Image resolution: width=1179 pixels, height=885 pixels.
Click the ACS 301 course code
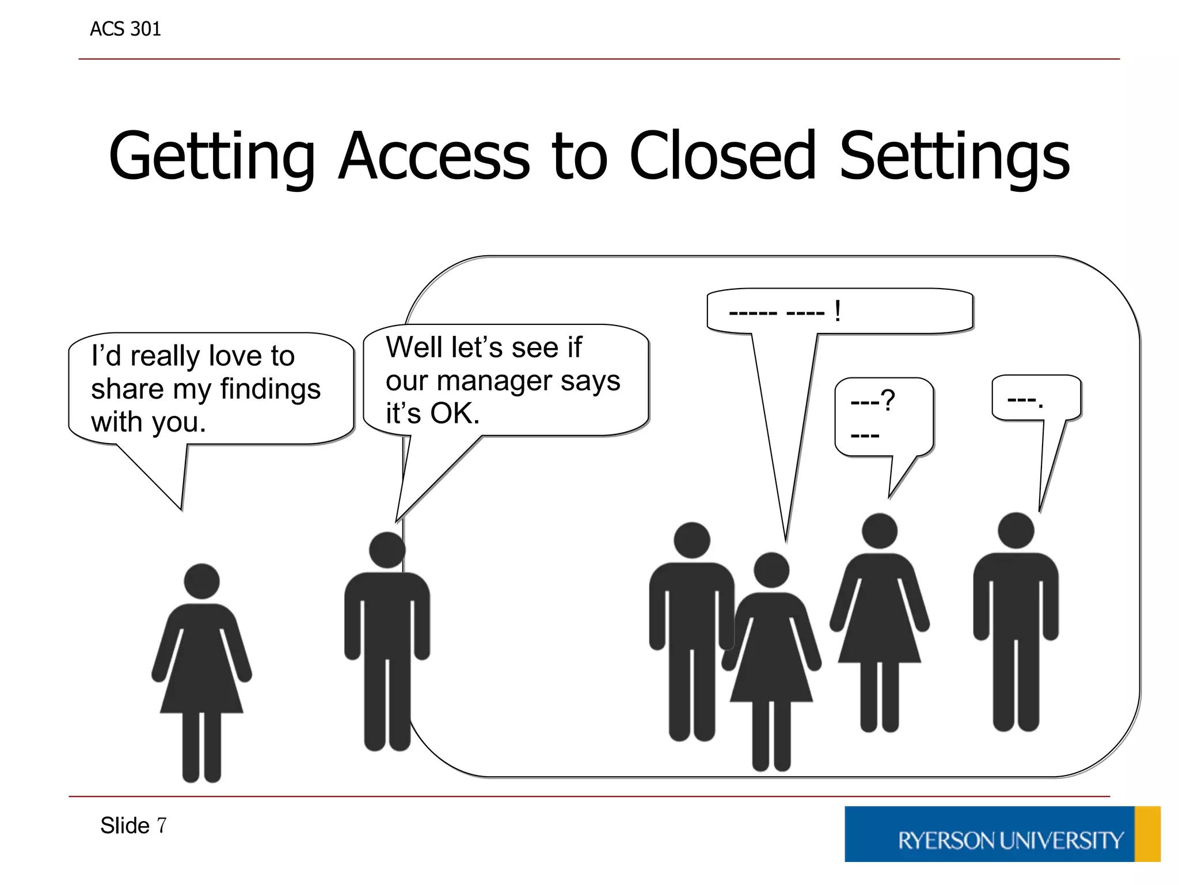pyautogui.click(x=125, y=29)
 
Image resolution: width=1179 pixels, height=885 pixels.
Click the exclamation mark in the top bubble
pyautogui.click(x=837, y=312)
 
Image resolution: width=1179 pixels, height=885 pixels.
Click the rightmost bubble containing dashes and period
pyautogui.click(x=1036, y=398)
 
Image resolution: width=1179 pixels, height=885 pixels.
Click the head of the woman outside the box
pyautogui.click(x=201, y=581)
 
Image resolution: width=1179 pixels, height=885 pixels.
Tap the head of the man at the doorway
pyautogui.click(x=387, y=550)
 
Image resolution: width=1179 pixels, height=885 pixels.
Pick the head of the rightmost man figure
pyautogui.click(x=1016, y=531)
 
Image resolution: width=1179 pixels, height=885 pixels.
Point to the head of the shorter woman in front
pyautogui.click(x=771, y=570)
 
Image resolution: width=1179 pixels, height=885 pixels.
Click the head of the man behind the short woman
pyautogui.click(x=691, y=540)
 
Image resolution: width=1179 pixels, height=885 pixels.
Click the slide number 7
pyautogui.click(x=162, y=826)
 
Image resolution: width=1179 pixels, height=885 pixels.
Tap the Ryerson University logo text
pyautogui.click(x=1010, y=841)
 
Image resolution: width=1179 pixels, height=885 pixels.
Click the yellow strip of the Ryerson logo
pyautogui.click(x=1147, y=834)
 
